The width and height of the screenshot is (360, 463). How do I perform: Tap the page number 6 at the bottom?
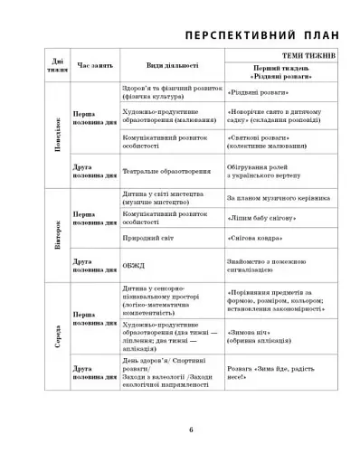[191, 429]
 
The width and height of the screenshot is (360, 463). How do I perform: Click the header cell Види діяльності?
[172, 66]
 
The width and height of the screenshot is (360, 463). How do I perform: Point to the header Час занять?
[95, 66]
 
